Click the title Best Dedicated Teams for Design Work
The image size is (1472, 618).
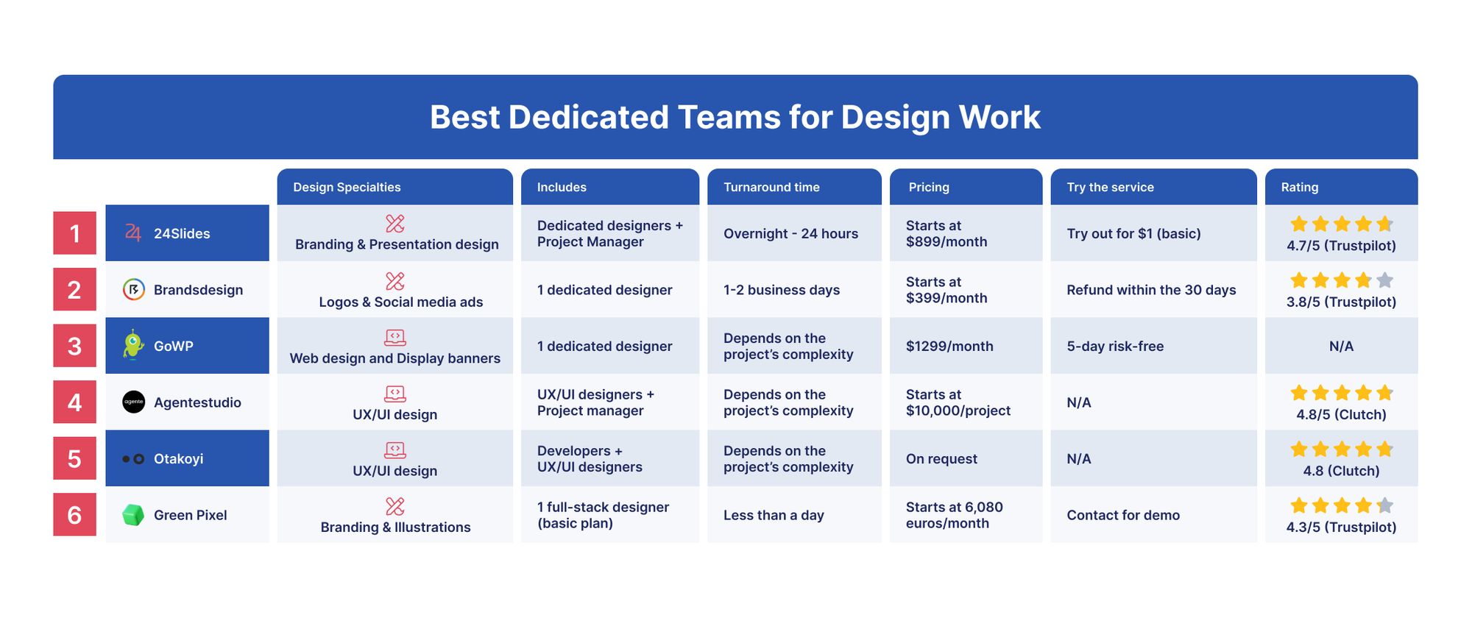(x=735, y=117)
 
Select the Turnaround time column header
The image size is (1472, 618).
(x=794, y=187)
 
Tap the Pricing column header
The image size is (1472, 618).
(x=966, y=187)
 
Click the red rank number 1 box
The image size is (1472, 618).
(x=74, y=233)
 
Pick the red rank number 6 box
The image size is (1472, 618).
(x=74, y=515)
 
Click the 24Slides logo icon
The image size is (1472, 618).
(x=132, y=232)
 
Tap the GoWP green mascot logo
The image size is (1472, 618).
(x=132, y=345)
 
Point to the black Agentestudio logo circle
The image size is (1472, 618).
(x=133, y=402)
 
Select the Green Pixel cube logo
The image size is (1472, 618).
(x=133, y=515)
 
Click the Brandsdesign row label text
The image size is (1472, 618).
(x=198, y=290)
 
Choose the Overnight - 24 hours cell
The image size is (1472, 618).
(x=790, y=233)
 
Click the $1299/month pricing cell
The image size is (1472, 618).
(x=949, y=346)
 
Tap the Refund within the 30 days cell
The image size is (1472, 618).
(x=1151, y=290)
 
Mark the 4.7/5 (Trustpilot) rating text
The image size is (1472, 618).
(x=1341, y=246)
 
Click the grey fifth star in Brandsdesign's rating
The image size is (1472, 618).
(x=1384, y=280)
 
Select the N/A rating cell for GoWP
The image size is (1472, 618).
(x=1341, y=346)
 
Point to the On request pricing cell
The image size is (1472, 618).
(x=941, y=459)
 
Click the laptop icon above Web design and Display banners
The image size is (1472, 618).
(x=395, y=337)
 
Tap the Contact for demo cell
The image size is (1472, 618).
(x=1123, y=515)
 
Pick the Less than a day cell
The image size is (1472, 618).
(x=774, y=515)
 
